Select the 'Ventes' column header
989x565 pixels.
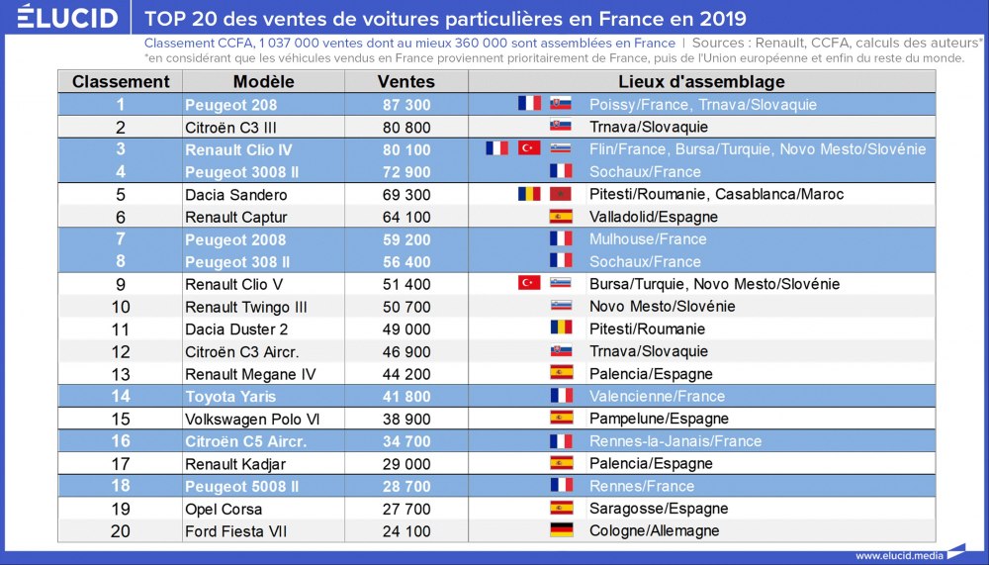405,82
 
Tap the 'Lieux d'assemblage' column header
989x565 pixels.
701,82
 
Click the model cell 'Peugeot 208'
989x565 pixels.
230,105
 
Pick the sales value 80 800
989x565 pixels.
405,128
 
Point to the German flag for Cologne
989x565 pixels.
561,531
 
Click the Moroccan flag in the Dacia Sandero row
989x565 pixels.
561,195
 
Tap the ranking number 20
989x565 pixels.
121,531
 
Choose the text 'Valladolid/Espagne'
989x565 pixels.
653,218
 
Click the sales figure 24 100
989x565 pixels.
405,531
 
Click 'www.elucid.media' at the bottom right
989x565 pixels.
899,555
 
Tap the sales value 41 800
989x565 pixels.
405,397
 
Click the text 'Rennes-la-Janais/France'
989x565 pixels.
674,442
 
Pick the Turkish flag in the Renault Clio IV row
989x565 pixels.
529,149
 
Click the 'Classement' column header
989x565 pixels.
121,82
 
